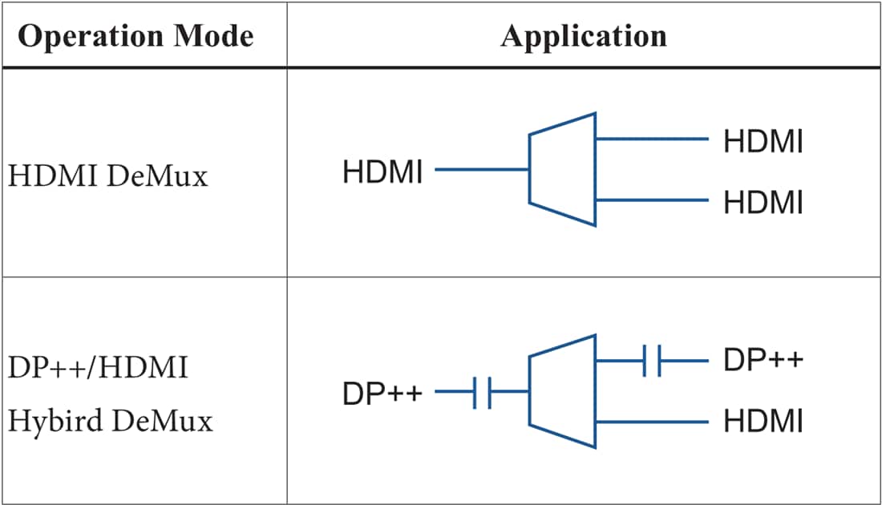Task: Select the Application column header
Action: (x=583, y=36)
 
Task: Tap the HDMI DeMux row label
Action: (x=108, y=176)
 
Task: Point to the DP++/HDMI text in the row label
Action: (x=99, y=370)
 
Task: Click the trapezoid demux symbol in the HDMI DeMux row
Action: (x=562, y=169)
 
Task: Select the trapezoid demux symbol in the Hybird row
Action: (x=562, y=391)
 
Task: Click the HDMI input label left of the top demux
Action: (x=382, y=172)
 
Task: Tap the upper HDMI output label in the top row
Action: (x=763, y=141)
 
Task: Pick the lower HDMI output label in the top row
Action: (x=763, y=203)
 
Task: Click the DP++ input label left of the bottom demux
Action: (x=382, y=394)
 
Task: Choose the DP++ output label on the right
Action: (x=763, y=361)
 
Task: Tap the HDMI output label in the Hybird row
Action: (x=763, y=422)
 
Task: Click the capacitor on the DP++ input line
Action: (x=482, y=392)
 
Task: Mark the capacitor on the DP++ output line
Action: (x=651, y=361)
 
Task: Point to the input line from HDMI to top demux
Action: (x=481, y=170)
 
